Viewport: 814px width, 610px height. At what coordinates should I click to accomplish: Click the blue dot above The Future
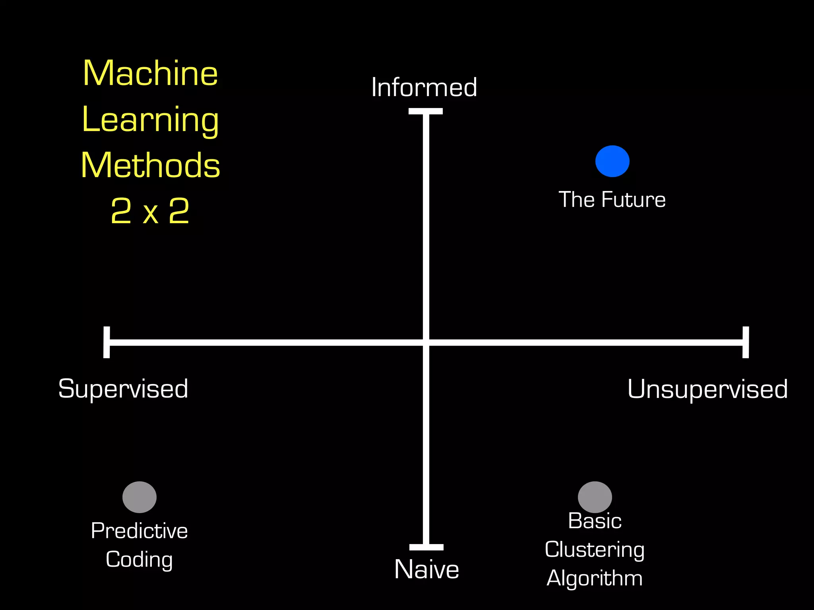coord(612,161)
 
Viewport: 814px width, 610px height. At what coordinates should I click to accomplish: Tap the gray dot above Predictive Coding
coord(139,497)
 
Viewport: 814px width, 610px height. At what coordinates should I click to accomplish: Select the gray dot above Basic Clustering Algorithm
coord(595,497)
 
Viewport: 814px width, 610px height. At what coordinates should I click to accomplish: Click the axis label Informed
coord(424,87)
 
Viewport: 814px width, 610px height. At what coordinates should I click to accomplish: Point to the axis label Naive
coord(426,569)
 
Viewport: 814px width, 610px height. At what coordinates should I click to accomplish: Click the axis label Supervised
coord(123,389)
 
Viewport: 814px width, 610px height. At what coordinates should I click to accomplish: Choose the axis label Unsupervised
coord(707,389)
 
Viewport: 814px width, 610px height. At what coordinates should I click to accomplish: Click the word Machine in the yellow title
coord(150,73)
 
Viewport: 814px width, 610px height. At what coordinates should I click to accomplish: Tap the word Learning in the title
coord(150,120)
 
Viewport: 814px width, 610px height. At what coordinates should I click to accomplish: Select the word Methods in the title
coord(150,166)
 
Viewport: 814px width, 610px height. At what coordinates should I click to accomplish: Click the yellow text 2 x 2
coord(150,211)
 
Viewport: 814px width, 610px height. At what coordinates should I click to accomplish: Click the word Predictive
coord(139,531)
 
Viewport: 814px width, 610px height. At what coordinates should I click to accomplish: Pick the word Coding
coord(139,560)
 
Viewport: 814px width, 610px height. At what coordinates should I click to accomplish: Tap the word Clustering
coord(595,550)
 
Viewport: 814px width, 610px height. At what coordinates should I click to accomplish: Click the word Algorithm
coord(595,578)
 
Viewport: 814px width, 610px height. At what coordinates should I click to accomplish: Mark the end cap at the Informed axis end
coord(426,111)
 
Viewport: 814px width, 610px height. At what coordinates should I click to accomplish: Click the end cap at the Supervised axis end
coord(107,342)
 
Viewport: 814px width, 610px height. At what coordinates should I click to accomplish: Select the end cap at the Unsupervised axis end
coord(746,342)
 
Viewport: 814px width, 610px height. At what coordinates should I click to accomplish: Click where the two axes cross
coord(426,342)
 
